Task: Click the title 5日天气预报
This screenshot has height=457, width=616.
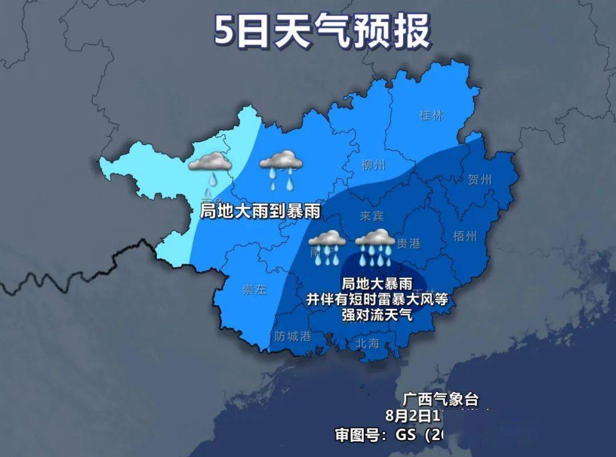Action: [x=322, y=31]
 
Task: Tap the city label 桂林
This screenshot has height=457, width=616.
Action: [x=431, y=115]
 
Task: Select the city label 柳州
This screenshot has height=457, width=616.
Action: [x=374, y=165]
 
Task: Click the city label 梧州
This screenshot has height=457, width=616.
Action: [x=465, y=236]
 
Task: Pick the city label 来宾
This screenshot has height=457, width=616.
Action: [x=372, y=216]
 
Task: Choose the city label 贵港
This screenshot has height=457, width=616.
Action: [x=408, y=244]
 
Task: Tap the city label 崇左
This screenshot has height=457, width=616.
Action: [x=254, y=289]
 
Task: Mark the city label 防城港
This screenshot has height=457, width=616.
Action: [x=293, y=336]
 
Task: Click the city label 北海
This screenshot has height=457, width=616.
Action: [x=367, y=343]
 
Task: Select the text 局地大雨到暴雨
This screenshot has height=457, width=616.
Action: [x=260, y=212]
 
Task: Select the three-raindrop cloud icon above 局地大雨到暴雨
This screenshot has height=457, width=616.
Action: [x=281, y=169]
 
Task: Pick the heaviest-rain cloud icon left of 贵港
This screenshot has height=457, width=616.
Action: [x=375, y=247]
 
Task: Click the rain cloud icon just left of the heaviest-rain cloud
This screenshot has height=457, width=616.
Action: [x=327, y=247]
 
